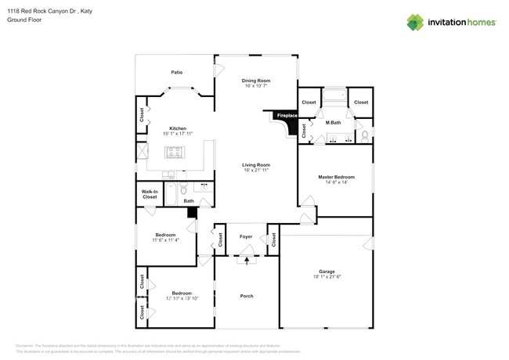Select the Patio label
[x=177, y=72]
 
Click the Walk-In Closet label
[x=150, y=194]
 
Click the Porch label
[x=246, y=296]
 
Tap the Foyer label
[x=246, y=236]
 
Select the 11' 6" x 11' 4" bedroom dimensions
[x=165, y=240]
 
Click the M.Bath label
[x=333, y=122]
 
